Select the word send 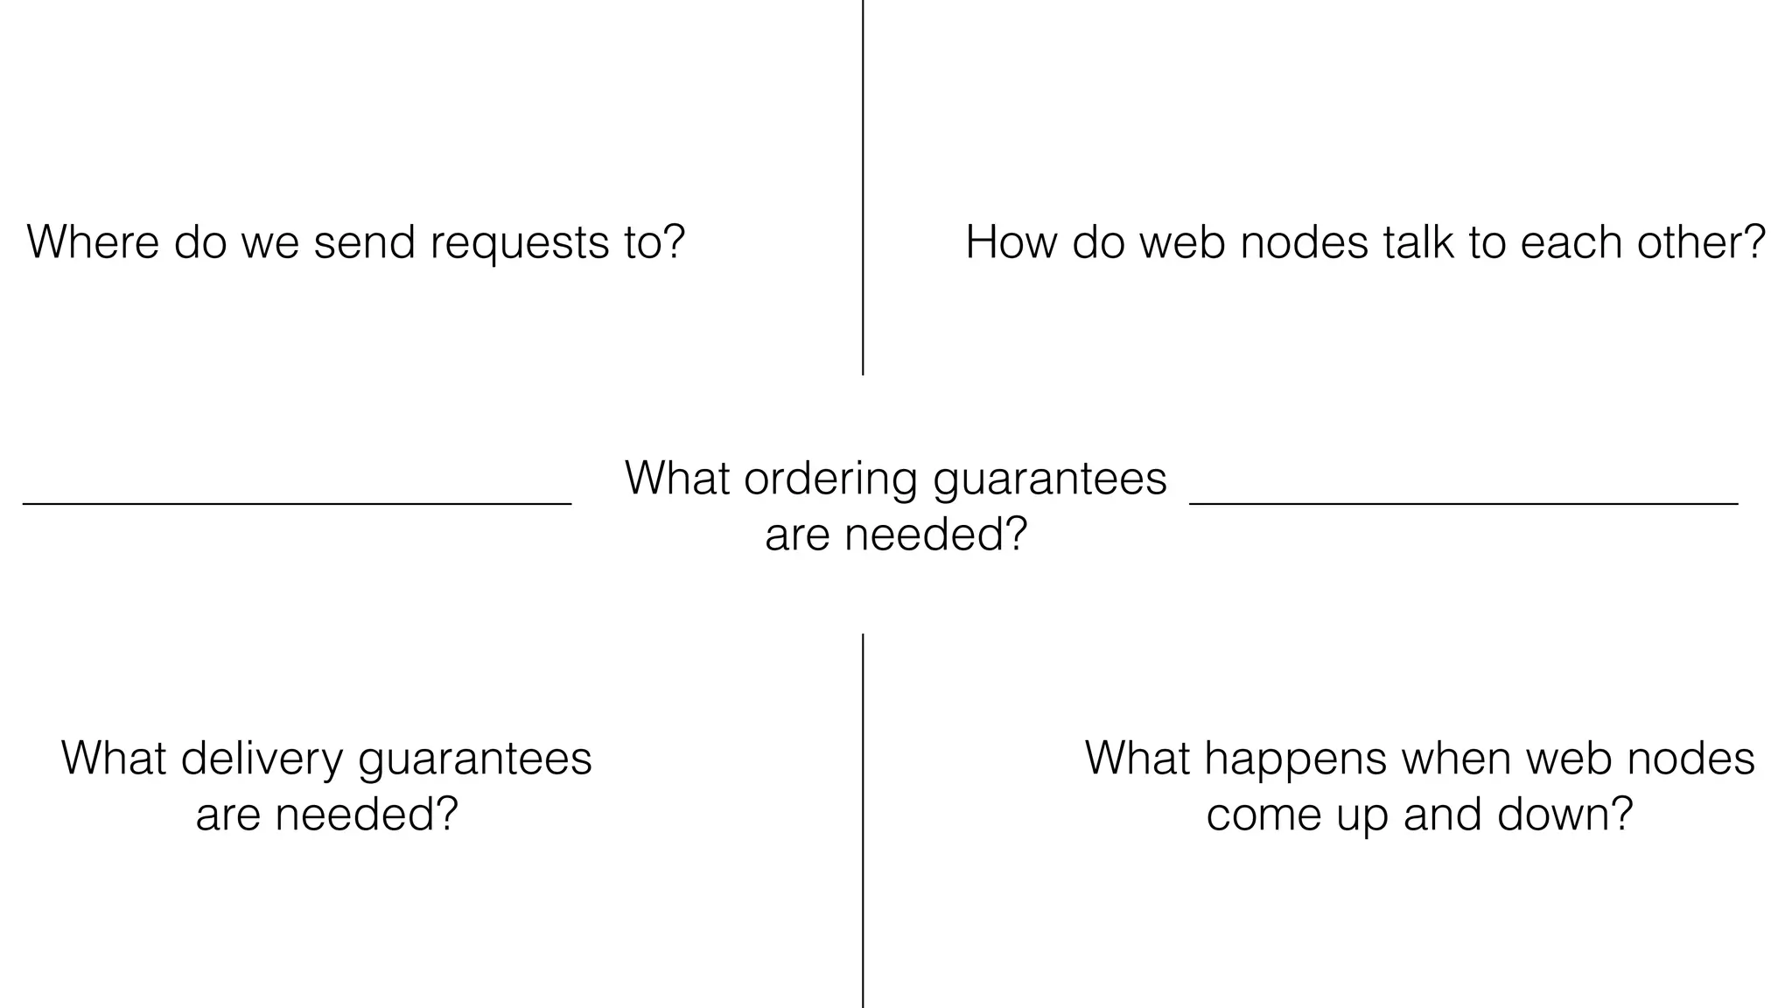point(364,242)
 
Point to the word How point(1011,242)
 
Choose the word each point(1571,242)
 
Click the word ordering point(831,480)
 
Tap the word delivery point(262,759)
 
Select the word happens point(1295,759)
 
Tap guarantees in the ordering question point(1050,480)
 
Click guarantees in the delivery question point(475,759)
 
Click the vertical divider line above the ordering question point(863,187)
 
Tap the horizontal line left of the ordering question point(297,504)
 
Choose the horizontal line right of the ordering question point(1463,504)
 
